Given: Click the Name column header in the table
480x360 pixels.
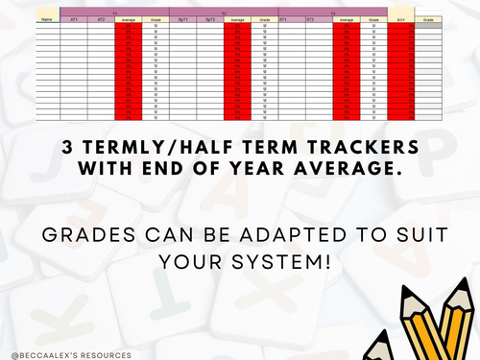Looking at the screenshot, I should [45, 18].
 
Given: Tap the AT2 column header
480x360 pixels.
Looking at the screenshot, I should [101, 18].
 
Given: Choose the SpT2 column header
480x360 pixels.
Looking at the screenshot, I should [210, 18].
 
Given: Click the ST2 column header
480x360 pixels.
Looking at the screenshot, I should [310, 18].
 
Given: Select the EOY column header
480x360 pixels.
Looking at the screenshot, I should [402, 18].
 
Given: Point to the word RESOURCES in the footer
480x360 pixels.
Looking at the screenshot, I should [106, 354].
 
